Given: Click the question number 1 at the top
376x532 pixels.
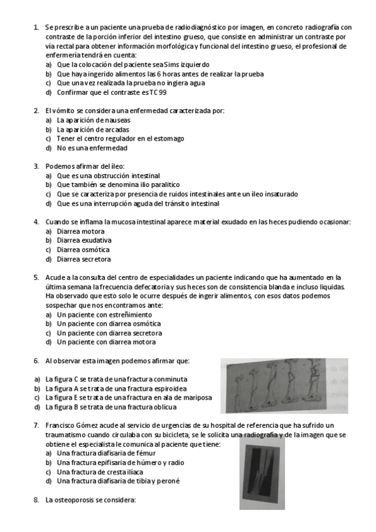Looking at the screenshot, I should (x=35, y=27).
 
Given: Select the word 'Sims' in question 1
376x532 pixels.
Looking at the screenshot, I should (x=156, y=64).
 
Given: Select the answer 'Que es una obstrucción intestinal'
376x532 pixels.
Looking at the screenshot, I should (x=108, y=176).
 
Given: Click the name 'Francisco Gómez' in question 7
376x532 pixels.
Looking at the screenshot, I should (x=72, y=425).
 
